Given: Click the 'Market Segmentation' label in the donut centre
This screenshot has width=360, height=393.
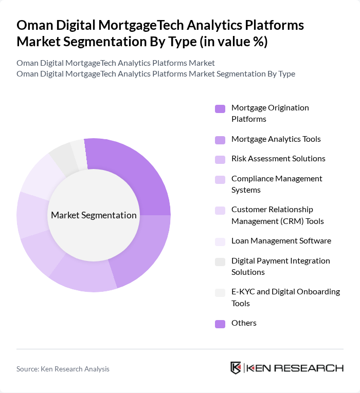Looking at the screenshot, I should [94, 215].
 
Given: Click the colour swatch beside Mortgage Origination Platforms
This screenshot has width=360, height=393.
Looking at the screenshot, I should [220, 108].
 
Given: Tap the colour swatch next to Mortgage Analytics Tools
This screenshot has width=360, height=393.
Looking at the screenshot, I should [220, 139].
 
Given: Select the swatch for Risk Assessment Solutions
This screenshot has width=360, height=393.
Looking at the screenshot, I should [220, 159].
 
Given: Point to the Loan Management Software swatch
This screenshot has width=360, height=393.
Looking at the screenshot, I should [220, 241].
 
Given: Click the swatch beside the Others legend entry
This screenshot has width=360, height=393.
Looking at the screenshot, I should [220, 324].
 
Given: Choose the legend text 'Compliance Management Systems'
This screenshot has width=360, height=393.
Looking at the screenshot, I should [277, 184].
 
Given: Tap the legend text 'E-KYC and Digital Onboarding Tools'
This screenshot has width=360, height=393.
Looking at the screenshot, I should [285, 297].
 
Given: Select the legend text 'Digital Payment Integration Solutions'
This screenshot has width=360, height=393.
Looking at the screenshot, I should [281, 266].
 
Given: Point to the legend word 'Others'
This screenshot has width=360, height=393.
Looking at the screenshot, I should [244, 323].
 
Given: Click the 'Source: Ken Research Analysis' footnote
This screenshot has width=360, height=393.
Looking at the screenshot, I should [63, 369].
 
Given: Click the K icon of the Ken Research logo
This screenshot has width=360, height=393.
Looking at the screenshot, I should [236, 368].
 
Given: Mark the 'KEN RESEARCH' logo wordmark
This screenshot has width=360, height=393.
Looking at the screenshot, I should [295, 368].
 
